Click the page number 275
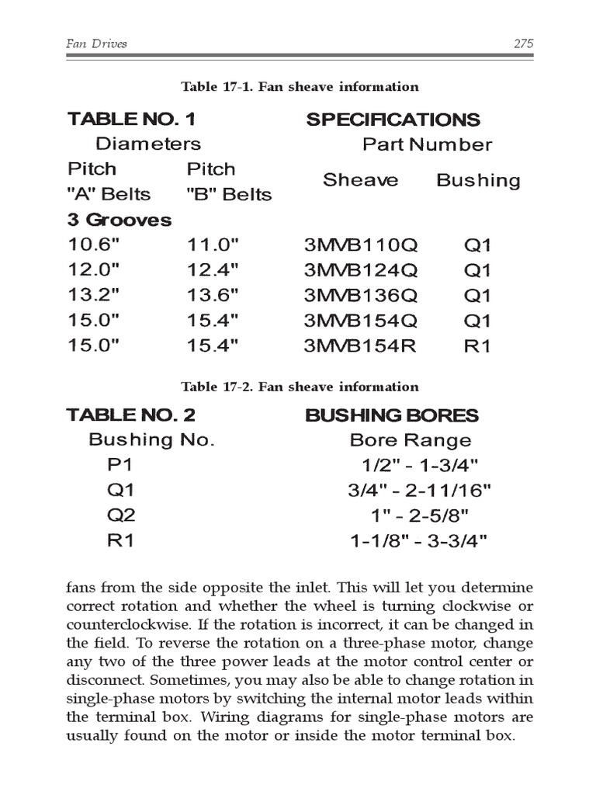524,44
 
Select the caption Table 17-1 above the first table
300,87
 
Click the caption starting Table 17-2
300,387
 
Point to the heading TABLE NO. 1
132,120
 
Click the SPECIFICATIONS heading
393,120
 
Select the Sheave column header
360,180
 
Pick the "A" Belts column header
109,194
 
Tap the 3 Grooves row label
120,220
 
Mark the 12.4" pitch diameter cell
213,271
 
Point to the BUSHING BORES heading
392,415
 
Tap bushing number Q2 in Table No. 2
120,516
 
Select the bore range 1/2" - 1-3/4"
420,466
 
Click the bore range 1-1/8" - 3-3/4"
420,540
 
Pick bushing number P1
120,466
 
